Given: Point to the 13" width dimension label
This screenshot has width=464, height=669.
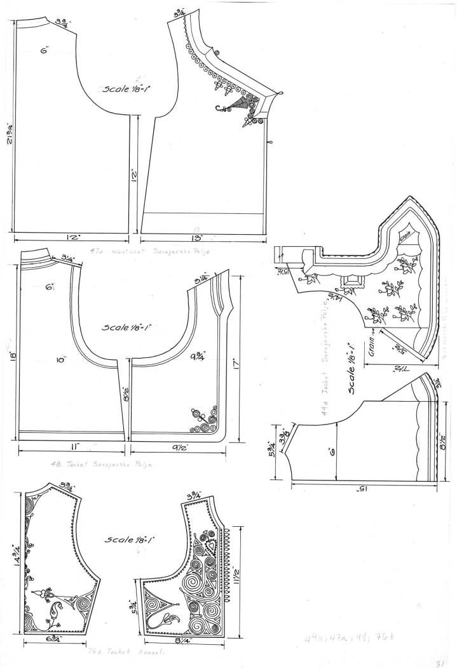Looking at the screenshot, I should [x=202, y=238].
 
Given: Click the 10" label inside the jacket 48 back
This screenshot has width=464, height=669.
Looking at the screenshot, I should [x=61, y=361].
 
